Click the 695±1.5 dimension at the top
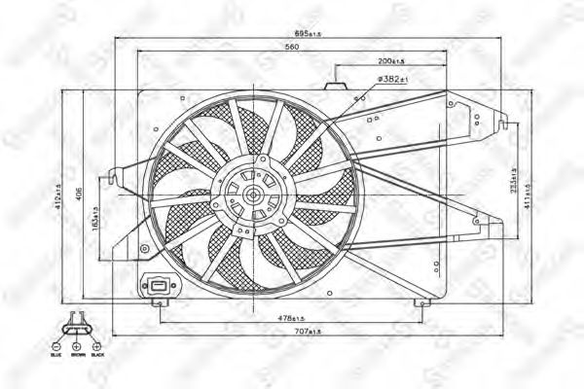click(310, 33)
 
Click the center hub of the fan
click(252, 194)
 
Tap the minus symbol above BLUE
click(56, 346)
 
